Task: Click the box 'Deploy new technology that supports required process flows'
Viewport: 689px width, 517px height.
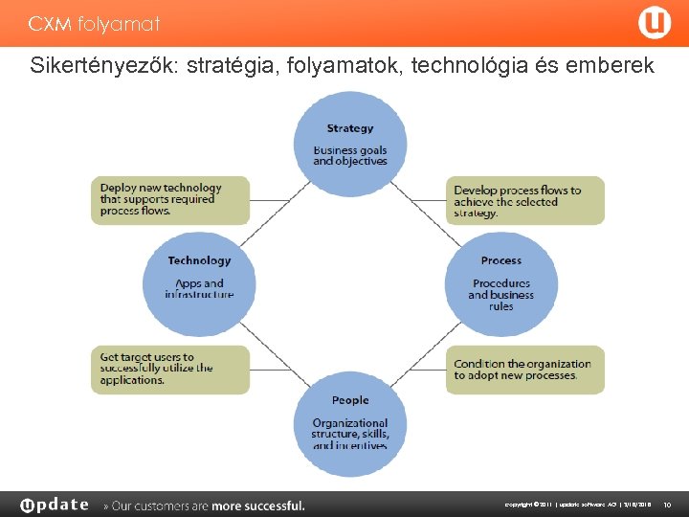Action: tap(170, 200)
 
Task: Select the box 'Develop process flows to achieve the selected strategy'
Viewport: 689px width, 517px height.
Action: tap(524, 201)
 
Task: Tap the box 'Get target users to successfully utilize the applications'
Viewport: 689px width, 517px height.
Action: tap(170, 369)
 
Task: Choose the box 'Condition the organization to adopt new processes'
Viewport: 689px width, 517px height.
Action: tap(524, 370)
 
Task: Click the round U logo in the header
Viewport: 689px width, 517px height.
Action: tap(655, 23)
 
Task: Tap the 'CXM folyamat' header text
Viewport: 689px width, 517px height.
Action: tap(94, 23)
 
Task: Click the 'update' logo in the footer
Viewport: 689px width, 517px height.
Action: tap(55, 505)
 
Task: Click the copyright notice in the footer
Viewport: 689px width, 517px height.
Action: tap(579, 505)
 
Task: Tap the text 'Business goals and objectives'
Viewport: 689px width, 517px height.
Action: tap(350, 155)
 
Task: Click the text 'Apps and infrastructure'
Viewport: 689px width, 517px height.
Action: tap(199, 288)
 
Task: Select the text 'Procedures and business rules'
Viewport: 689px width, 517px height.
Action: tap(501, 294)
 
